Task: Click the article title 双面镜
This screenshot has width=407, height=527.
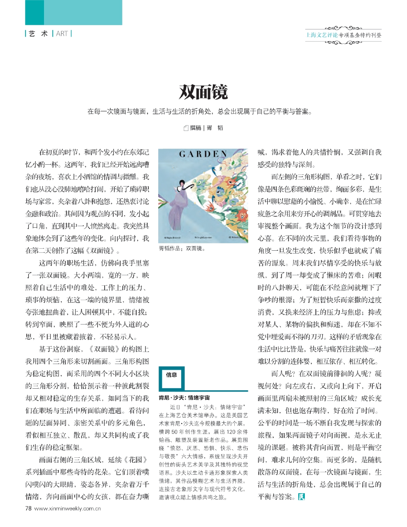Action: click(x=203, y=92)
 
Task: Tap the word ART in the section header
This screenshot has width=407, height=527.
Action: click(x=62, y=34)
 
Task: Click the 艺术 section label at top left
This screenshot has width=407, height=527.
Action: click(x=38, y=34)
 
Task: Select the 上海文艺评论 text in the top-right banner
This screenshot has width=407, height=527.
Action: click(x=322, y=35)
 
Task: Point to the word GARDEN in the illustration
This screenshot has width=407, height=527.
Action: click(x=203, y=154)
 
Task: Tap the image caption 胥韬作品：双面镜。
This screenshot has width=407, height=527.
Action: click(x=182, y=249)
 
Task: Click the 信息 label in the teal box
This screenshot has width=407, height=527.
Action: click(x=171, y=375)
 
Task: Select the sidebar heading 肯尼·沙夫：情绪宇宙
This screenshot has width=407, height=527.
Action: click(x=184, y=398)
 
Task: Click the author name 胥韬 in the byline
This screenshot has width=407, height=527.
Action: click(x=215, y=128)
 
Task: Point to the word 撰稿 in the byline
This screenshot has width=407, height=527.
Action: click(x=195, y=128)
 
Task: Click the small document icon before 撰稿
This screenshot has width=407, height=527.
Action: click(x=186, y=128)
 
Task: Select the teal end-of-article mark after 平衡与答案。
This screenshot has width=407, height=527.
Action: click(x=301, y=497)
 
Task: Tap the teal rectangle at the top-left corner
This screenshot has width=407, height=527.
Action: click(x=73, y=12)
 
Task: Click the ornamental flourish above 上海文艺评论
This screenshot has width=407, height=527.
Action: click(x=343, y=28)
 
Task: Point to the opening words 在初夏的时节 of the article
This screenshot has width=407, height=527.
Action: click(x=58, y=152)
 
